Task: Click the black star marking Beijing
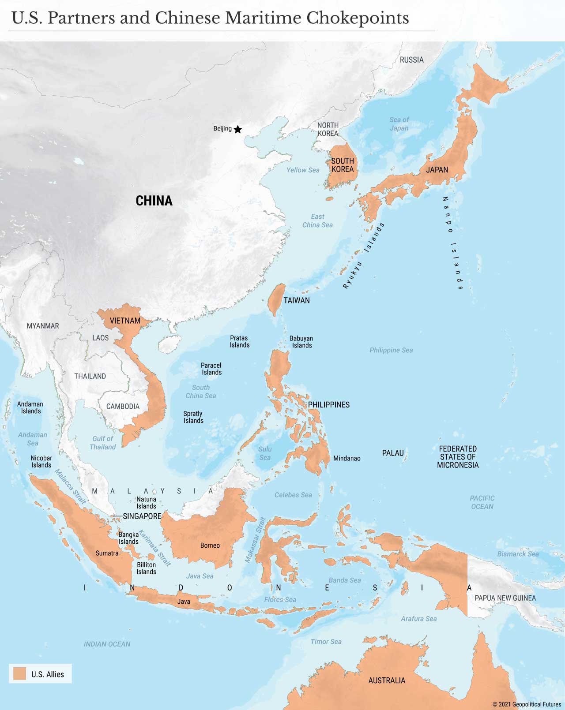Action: click(237, 129)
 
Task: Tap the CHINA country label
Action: click(154, 201)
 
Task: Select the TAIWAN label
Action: click(296, 300)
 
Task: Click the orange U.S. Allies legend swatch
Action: click(20, 673)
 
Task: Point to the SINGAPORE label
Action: click(142, 516)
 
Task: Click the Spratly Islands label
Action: click(193, 417)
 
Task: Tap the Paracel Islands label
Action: click(211, 369)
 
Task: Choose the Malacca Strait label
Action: click(70, 487)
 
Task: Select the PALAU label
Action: click(393, 453)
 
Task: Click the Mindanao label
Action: click(347, 458)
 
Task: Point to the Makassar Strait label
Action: click(256, 540)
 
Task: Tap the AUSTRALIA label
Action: click(387, 680)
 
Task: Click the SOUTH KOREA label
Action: click(343, 165)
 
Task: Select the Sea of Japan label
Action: click(399, 124)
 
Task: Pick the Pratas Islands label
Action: click(239, 341)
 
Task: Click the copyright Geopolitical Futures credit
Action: click(527, 704)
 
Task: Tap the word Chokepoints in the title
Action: click(358, 18)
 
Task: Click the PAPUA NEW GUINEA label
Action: click(505, 598)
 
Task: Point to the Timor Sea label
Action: click(326, 642)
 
